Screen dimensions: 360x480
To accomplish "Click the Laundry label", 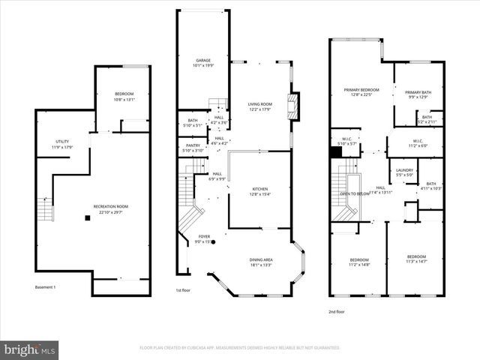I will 405,172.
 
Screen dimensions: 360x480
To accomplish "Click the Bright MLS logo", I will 30,349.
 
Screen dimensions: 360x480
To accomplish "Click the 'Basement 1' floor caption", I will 45,287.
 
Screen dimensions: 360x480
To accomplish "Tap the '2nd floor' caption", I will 337,311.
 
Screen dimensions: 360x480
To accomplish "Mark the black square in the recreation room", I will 88,218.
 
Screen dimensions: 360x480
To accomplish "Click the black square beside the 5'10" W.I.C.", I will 337,151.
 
